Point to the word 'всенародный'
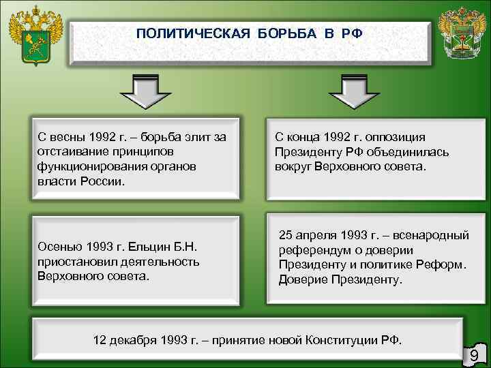coord(436,236)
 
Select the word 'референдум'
coord(312,250)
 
